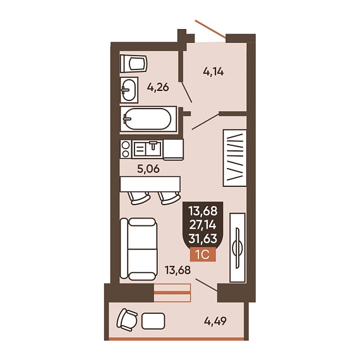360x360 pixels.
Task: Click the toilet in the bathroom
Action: point(134,64)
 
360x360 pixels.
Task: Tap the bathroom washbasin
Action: point(129,90)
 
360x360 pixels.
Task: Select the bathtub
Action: point(148,119)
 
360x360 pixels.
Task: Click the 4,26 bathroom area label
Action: point(158,87)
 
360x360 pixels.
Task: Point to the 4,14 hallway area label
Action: point(213,72)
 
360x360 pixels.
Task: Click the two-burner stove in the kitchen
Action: point(126,149)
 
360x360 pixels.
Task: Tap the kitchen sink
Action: point(147,149)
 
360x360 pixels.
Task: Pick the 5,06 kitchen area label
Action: point(148,169)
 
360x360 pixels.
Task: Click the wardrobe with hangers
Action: point(235,158)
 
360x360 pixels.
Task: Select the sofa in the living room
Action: point(139,249)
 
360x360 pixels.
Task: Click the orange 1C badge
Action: point(203,255)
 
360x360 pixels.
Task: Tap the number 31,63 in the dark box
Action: point(203,239)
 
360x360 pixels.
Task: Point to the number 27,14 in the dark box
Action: point(203,225)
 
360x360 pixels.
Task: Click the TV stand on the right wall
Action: point(237,248)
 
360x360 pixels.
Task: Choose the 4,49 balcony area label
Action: point(215,321)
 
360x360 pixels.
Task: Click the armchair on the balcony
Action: point(127,320)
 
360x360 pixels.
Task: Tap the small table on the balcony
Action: point(153,321)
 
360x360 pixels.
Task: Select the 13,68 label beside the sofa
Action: point(177,270)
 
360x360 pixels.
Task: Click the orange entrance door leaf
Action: point(210,29)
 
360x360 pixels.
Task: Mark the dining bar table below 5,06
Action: point(150,184)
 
